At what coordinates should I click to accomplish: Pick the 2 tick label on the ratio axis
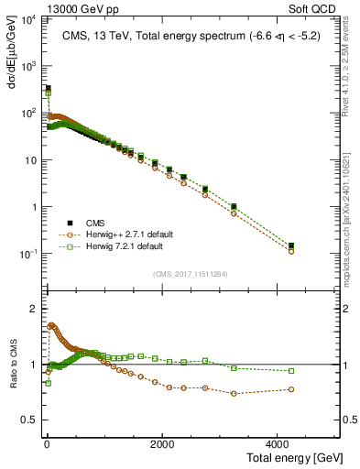(x=34, y=309)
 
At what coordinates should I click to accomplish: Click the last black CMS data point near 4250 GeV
(x=291, y=245)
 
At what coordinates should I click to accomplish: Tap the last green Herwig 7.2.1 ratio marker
(x=291, y=371)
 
